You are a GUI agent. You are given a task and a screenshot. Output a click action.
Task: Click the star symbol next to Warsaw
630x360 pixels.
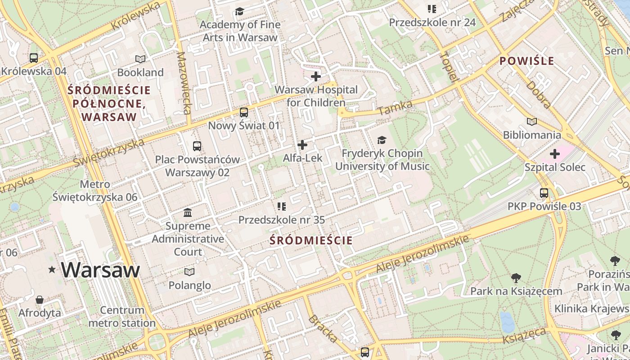(52, 270)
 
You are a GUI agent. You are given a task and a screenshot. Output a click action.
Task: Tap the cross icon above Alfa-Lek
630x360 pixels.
(302, 145)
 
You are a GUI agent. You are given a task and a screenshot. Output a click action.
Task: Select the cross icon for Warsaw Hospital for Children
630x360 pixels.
(316, 76)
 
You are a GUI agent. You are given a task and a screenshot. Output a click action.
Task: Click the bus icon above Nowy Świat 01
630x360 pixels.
(243, 112)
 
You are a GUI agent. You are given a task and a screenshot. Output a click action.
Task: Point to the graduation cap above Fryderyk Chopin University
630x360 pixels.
(382, 140)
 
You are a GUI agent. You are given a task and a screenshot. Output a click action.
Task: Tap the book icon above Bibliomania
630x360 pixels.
(532, 121)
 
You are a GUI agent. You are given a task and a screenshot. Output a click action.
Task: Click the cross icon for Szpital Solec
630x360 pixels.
(554, 154)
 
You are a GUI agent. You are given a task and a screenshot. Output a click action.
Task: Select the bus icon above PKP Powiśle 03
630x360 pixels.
(544, 193)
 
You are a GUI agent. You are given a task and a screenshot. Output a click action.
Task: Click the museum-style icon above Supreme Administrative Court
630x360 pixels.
(188, 212)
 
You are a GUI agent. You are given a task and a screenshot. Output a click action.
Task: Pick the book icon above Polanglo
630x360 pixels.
(189, 272)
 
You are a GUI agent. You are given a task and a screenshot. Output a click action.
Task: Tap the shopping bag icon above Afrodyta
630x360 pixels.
(40, 300)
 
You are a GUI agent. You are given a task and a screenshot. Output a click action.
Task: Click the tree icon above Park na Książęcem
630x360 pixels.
(516, 278)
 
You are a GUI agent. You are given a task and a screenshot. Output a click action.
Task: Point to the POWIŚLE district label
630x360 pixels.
(527, 61)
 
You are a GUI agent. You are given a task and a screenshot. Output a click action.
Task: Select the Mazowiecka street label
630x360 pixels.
(184, 83)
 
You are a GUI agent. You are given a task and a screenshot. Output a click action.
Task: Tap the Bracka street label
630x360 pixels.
(323, 329)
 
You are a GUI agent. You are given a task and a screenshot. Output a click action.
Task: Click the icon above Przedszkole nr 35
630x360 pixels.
(281, 207)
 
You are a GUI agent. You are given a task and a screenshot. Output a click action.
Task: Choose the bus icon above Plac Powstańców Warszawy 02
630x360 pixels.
(197, 146)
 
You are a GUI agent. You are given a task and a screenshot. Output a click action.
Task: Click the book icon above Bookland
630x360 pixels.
(140, 59)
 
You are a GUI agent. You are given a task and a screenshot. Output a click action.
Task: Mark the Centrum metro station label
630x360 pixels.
(122, 316)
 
